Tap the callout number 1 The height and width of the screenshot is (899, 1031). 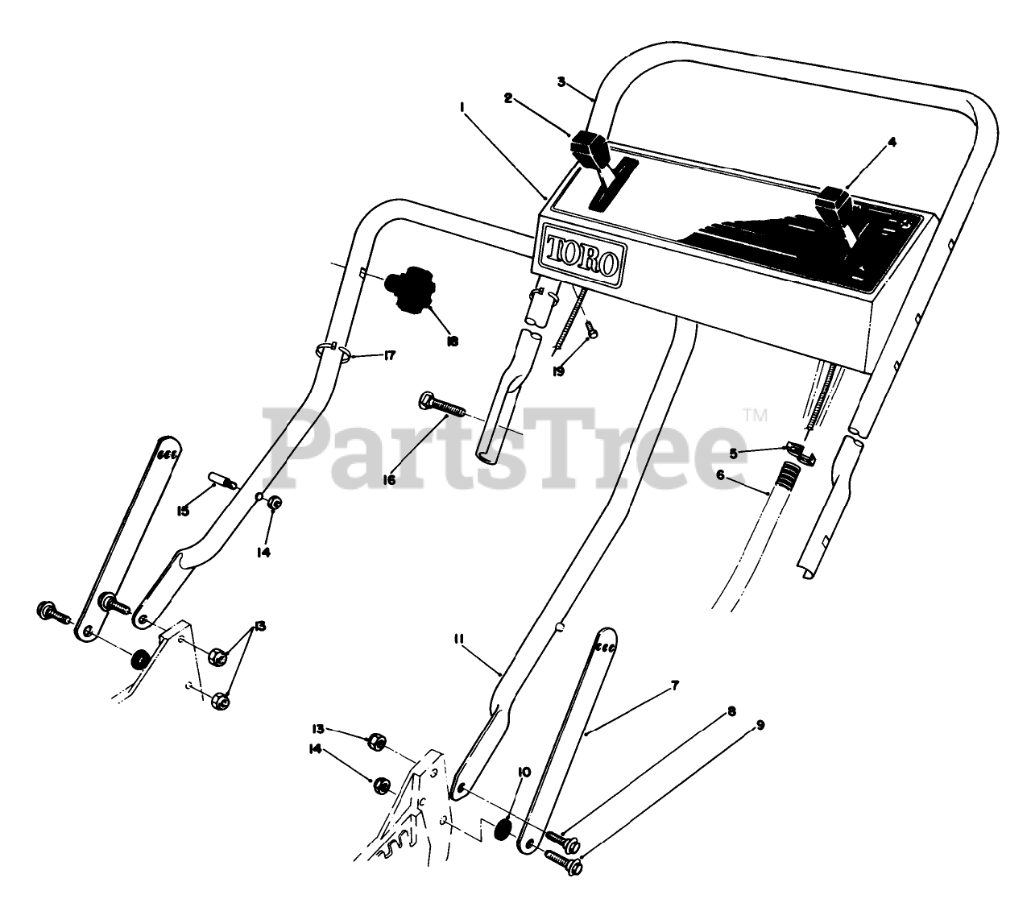coord(464,106)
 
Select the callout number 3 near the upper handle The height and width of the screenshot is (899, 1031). coord(561,81)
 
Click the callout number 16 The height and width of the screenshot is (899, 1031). coord(389,479)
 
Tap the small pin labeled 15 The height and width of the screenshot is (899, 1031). coord(222,482)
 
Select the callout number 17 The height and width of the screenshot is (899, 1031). coord(390,355)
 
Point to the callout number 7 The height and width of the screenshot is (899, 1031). coord(675,686)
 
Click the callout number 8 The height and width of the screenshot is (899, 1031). coord(731,711)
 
